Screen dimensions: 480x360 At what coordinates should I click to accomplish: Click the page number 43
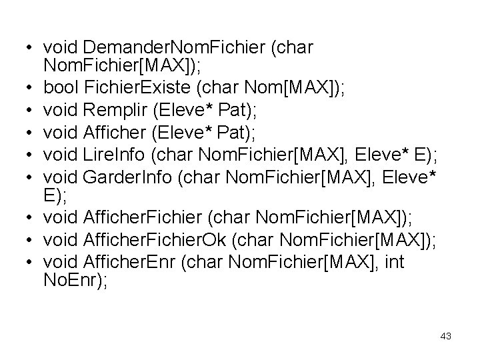446,336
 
